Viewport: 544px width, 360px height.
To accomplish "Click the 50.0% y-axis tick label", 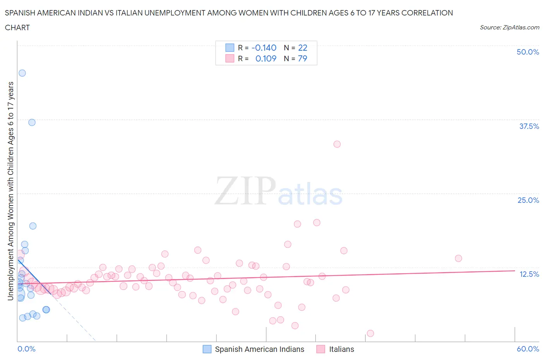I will pyautogui.click(x=528, y=52).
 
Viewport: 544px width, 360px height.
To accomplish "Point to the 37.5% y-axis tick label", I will pyautogui.click(x=529, y=126).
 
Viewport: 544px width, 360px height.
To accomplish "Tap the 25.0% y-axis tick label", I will pyautogui.click(x=528, y=200).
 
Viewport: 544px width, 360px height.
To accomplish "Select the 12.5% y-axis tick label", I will pyautogui.click(x=529, y=274).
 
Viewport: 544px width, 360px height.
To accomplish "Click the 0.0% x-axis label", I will pyautogui.click(x=26, y=349).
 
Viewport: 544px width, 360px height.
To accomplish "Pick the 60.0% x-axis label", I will pyautogui.click(x=528, y=349).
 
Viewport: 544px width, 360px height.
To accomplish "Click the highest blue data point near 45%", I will pyautogui.click(x=22, y=73).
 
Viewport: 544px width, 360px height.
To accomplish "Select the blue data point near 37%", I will pyautogui.click(x=32, y=122).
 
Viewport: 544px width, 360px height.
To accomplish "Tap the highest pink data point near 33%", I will pyautogui.click(x=337, y=144).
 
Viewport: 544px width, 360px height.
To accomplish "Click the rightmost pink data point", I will pyautogui.click(x=458, y=258).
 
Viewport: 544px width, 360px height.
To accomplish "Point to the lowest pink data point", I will pyautogui.click(x=370, y=333).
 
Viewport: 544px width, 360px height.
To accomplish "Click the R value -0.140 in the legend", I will pyautogui.click(x=264, y=48).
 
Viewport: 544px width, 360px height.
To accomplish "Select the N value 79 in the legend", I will pyautogui.click(x=303, y=58).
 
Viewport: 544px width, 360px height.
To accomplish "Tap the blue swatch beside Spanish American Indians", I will pyautogui.click(x=207, y=349).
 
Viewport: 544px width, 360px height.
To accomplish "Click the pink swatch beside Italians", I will pyautogui.click(x=320, y=349).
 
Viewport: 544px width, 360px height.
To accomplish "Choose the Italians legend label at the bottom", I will pyautogui.click(x=341, y=349).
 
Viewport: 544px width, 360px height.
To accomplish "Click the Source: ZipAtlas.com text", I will pyautogui.click(x=509, y=27).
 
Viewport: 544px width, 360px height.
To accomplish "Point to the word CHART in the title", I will pyautogui.click(x=17, y=27).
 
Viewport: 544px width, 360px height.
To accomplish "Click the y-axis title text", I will pyautogui.click(x=10, y=191).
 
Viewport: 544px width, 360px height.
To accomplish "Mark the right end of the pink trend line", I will pyautogui.click(x=515, y=271).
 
